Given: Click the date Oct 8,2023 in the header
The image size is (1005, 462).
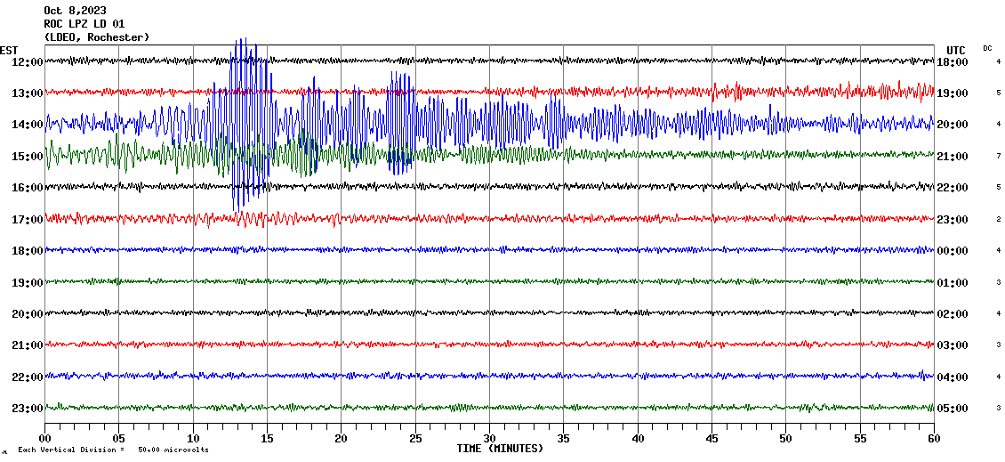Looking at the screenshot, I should pyautogui.click(x=75, y=11).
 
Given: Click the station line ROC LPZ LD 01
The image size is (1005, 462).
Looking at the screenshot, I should pyautogui.click(x=84, y=24).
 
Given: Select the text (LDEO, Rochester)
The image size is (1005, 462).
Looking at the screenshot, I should pyautogui.click(x=96, y=36).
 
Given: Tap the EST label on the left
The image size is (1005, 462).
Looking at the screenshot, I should pyautogui.click(x=9, y=50).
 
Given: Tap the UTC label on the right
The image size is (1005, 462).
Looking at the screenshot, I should pyautogui.click(x=956, y=50).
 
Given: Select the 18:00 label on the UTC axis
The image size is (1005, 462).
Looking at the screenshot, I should pyautogui.click(x=953, y=61).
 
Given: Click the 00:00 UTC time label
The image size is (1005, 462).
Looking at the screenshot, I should pyautogui.click(x=953, y=251).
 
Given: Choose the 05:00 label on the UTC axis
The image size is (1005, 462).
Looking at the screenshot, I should pyautogui.click(x=953, y=409).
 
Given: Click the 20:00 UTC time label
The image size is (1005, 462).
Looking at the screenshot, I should pyautogui.click(x=953, y=125).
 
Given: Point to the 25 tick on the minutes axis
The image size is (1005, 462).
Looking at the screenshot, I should pyautogui.click(x=415, y=439).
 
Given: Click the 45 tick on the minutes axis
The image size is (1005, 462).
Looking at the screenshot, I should pyautogui.click(x=712, y=439).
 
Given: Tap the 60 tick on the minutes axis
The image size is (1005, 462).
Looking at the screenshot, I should pyautogui.click(x=933, y=439).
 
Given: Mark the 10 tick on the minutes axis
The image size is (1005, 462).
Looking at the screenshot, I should pyautogui.click(x=193, y=439).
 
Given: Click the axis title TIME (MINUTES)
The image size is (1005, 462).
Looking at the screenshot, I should pyautogui.click(x=500, y=449).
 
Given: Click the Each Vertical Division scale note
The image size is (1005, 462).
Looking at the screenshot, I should pyautogui.click(x=113, y=450).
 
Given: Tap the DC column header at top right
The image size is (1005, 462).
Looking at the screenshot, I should pyautogui.click(x=987, y=48).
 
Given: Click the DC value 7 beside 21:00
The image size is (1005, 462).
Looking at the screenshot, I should pyautogui.click(x=999, y=156).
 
